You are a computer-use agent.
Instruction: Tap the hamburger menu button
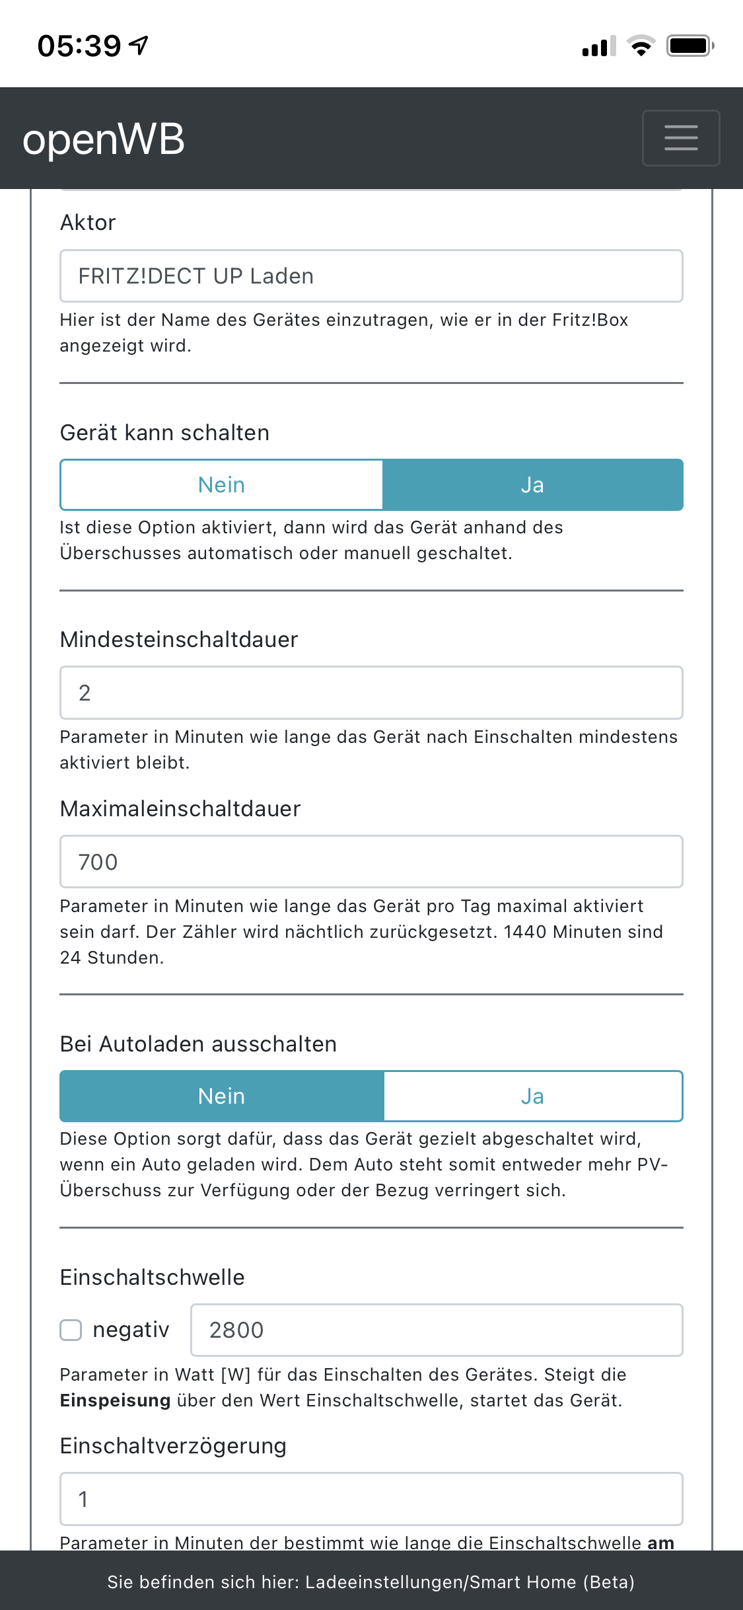[x=681, y=137]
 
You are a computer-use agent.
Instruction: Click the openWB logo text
[x=104, y=139]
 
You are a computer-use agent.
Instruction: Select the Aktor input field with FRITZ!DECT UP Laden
[x=371, y=276]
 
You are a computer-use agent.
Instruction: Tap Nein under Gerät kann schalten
[x=222, y=485]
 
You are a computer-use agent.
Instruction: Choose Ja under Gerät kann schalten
[x=532, y=485]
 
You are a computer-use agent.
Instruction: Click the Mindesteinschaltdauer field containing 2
[x=371, y=693]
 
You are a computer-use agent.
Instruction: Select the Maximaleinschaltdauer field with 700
[x=371, y=862]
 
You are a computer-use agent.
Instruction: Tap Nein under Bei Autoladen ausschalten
[x=222, y=1096]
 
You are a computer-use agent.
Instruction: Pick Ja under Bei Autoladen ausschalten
[x=532, y=1096]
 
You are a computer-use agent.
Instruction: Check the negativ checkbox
[x=71, y=1330]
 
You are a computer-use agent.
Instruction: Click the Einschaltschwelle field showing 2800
[x=437, y=1330]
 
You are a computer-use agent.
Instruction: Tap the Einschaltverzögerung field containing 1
[x=371, y=1499]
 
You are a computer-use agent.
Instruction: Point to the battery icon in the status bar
[x=690, y=46]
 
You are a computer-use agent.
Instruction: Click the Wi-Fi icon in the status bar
[x=641, y=46]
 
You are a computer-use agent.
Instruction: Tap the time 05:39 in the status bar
[x=79, y=46]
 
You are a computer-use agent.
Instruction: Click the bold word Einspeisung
[x=115, y=1400]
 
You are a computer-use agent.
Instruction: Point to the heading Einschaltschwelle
[x=153, y=1277]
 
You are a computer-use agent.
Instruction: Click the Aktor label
[x=88, y=223]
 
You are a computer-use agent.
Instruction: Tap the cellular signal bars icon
[x=598, y=46]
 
